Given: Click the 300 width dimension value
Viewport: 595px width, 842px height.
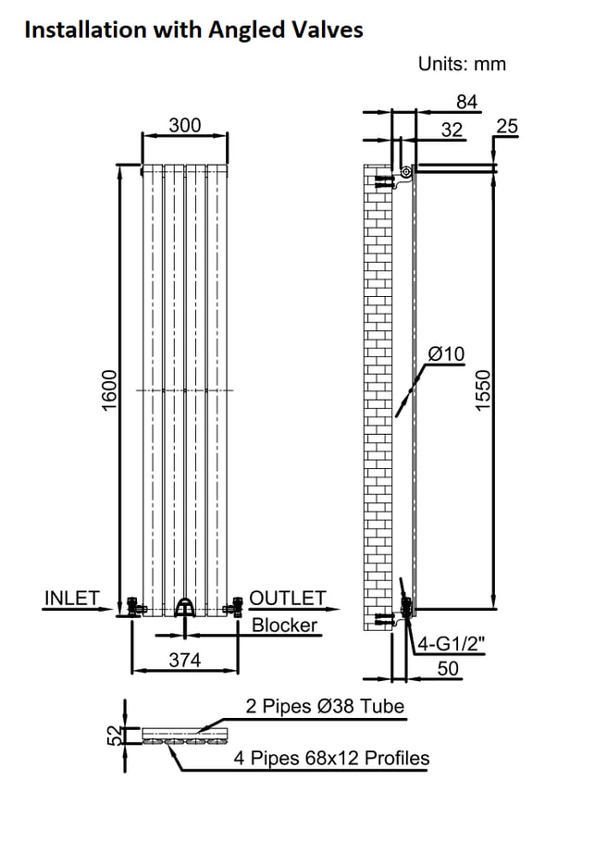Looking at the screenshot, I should point(184,126).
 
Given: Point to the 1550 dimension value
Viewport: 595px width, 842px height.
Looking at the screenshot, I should point(482,390).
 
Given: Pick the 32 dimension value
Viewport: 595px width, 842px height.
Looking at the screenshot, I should point(452,130).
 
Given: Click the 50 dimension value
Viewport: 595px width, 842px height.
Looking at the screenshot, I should point(448,669).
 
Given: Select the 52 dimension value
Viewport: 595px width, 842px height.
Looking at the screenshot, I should point(114,737).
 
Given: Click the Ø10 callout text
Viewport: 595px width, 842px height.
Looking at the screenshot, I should point(447,353).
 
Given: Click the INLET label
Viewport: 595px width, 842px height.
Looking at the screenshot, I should point(71,599).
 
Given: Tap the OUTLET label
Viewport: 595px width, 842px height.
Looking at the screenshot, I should point(288,599).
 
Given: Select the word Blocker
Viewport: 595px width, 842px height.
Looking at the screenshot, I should point(285,625).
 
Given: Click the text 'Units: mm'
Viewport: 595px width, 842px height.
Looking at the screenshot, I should point(462,64).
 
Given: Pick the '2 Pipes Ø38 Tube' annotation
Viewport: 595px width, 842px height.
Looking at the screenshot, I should point(325,707).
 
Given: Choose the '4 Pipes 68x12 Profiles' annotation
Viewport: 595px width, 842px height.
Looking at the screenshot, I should point(332,759).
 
